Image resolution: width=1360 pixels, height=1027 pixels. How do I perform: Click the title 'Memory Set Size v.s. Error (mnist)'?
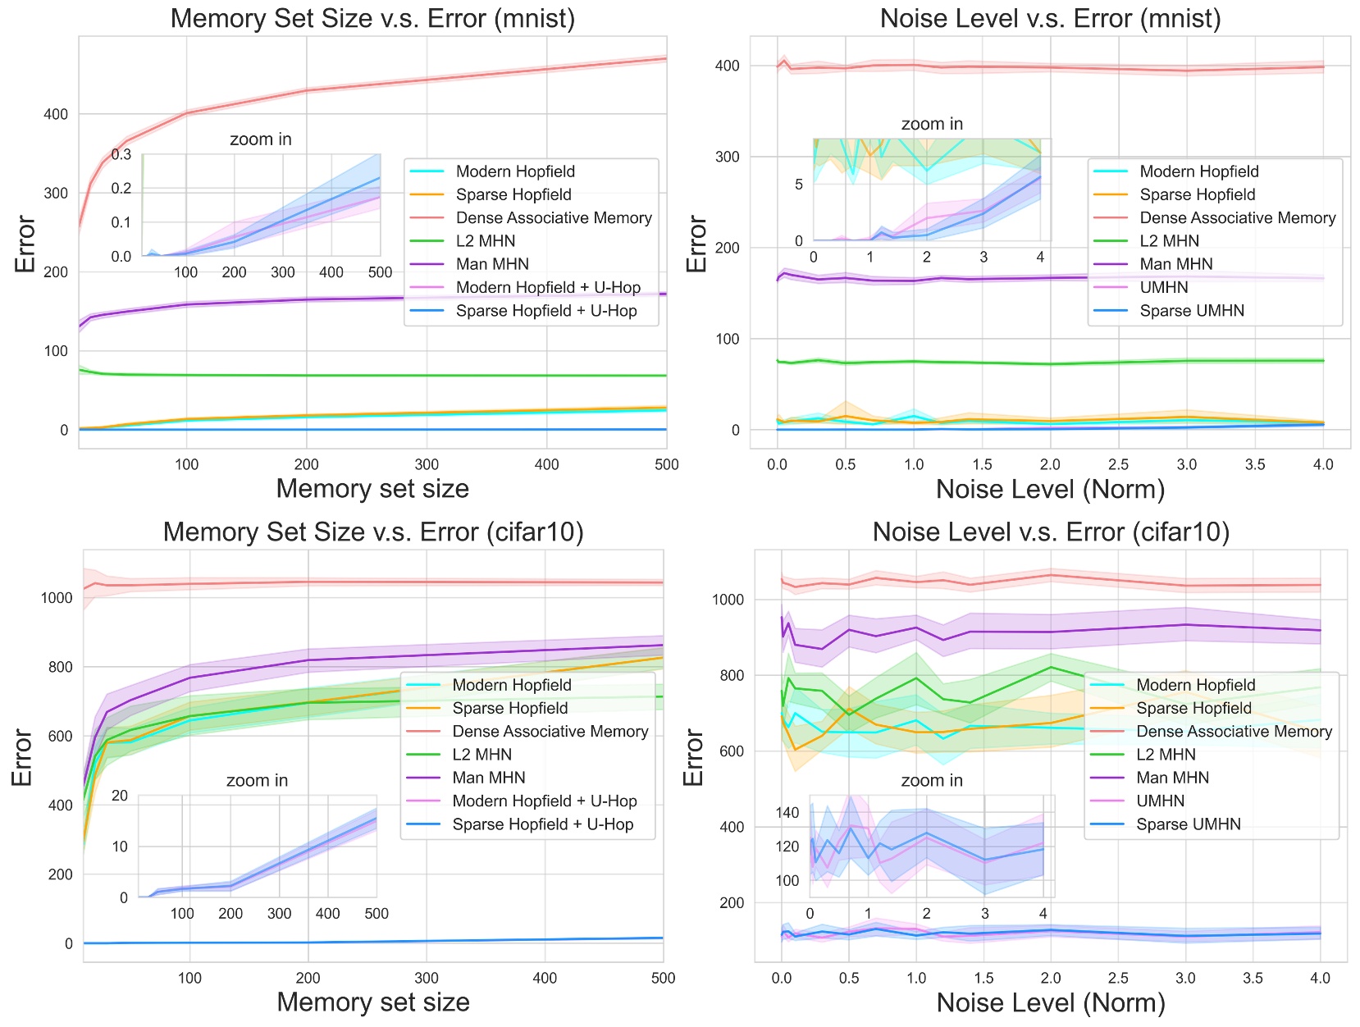pos(372,18)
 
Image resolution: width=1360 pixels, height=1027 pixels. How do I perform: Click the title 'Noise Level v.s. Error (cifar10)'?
pos(1051,532)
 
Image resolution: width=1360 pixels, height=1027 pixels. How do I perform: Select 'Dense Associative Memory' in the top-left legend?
pos(554,217)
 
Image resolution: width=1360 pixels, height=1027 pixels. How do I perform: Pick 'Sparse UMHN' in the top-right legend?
pos(1191,310)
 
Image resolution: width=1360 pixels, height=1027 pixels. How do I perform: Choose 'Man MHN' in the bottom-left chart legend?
pos(488,777)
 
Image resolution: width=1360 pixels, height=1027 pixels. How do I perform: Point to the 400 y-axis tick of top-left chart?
pos(56,114)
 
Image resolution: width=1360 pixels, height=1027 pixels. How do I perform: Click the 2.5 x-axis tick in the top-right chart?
pos(1118,464)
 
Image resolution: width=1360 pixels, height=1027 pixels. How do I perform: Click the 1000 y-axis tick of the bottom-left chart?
pos(57,597)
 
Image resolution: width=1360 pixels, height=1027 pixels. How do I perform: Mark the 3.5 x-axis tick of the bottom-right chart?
pos(1253,978)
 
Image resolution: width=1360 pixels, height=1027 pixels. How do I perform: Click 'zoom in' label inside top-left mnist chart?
pos(260,139)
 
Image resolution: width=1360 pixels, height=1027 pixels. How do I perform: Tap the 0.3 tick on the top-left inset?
pos(121,154)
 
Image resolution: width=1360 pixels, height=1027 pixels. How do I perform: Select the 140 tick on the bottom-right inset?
pos(787,812)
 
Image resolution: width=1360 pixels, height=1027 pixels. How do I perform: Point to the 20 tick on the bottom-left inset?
pos(120,795)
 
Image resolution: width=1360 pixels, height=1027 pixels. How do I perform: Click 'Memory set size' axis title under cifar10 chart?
pos(373,1002)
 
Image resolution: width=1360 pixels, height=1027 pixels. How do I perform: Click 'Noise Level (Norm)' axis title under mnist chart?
pos(1050,489)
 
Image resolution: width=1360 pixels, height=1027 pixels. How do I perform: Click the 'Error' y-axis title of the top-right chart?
pos(696,244)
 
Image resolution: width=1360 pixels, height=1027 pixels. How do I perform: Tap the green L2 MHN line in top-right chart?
pos(984,363)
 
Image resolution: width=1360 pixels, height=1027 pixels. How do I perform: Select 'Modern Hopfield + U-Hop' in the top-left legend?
pos(548,287)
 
